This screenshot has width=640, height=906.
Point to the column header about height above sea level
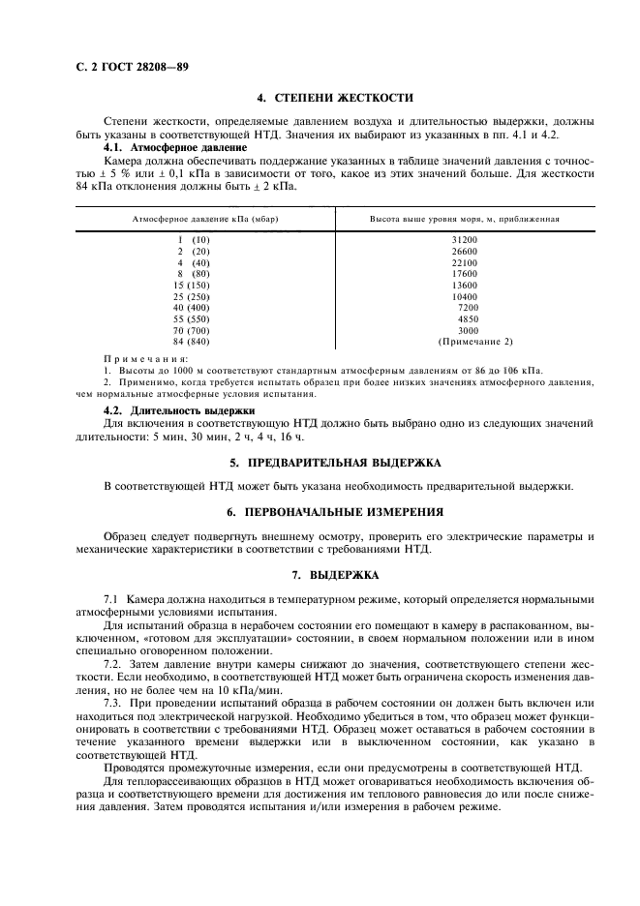465,220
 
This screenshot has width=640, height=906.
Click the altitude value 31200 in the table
464,239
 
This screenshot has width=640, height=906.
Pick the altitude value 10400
464,296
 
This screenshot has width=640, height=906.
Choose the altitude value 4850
467,318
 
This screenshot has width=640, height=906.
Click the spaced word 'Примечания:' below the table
145,358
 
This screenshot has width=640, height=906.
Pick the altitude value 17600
464,274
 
